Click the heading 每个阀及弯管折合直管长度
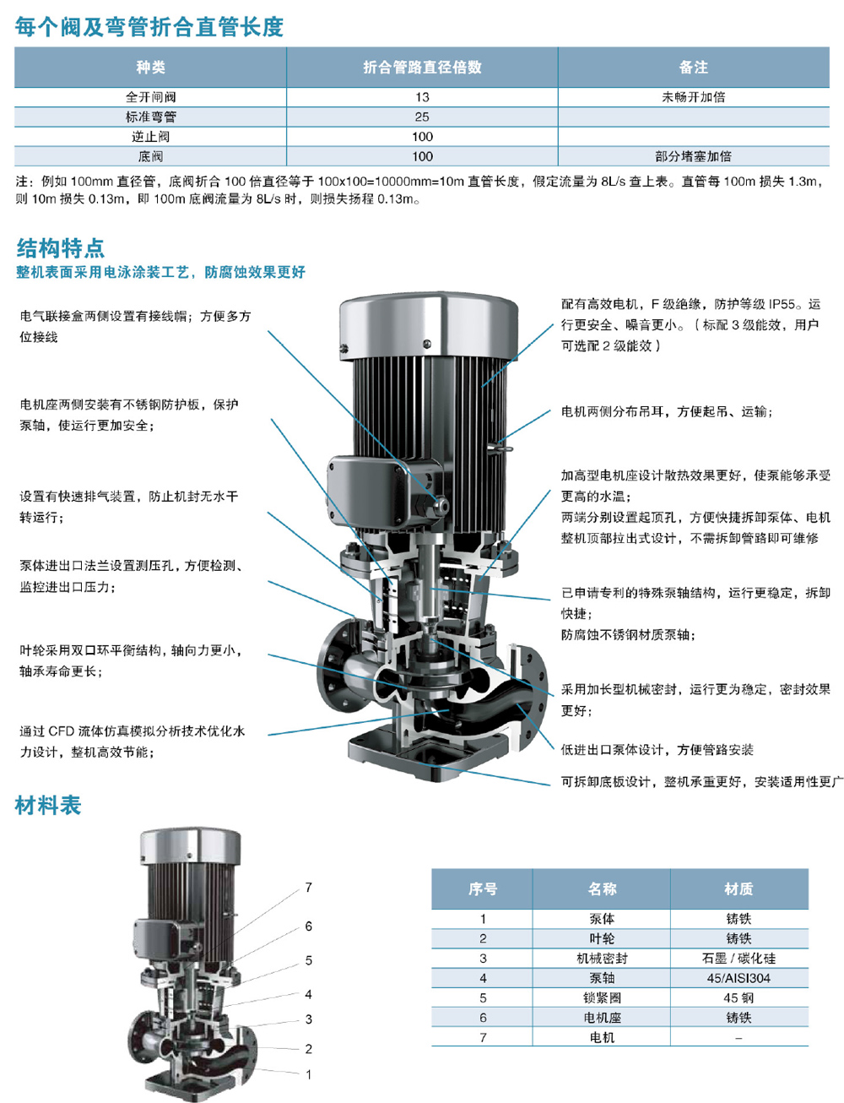(149, 27)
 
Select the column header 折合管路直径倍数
(422, 67)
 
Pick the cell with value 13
(422, 97)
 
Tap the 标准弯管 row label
(150, 117)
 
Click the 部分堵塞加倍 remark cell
(693, 156)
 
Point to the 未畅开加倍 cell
(693, 97)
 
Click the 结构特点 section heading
(61, 248)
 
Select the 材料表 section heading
(47, 806)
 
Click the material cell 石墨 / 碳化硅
(738, 959)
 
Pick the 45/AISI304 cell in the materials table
(738, 978)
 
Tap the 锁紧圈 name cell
(602, 998)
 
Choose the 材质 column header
(738, 888)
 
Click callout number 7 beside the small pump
(308, 888)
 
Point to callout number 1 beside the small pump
(308, 1074)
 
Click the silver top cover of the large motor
(429, 325)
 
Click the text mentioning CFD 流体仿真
(133, 742)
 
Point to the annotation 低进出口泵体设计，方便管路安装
(657, 750)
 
